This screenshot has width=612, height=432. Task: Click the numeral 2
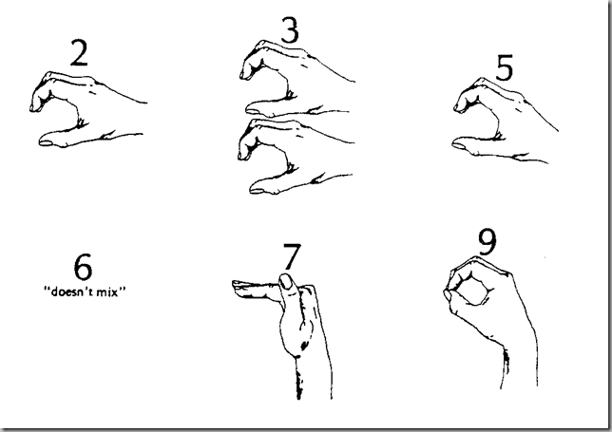79,52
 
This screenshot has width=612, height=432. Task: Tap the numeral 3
290,29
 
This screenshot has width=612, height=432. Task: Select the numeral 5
505,67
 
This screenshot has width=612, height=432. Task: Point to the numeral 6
83,267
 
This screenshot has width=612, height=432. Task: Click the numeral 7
292,256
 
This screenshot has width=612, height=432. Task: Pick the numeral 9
488,242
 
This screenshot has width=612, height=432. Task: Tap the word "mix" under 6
107,291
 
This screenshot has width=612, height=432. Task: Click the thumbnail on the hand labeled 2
47,143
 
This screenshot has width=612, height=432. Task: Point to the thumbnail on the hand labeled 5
459,145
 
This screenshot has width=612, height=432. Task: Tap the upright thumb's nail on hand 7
286,281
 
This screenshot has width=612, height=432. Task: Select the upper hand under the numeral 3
296,78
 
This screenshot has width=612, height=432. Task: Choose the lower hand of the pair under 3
296,157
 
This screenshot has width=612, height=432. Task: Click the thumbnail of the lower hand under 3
257,191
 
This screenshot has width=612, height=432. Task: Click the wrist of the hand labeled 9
519,366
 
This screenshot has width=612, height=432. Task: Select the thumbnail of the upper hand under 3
254,111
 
